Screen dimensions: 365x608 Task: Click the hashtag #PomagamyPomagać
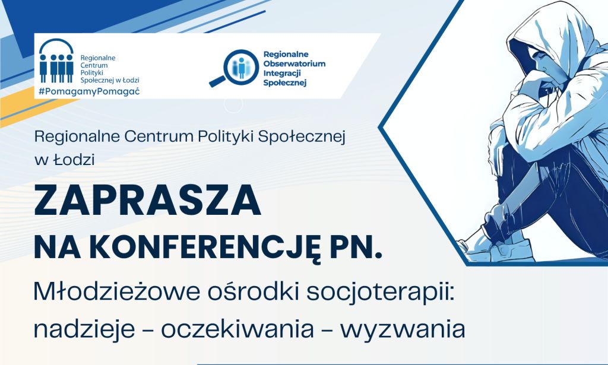pos(89,93)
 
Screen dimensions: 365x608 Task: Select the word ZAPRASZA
pos(148,200)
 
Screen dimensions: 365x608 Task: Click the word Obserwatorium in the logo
pos(294,64)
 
